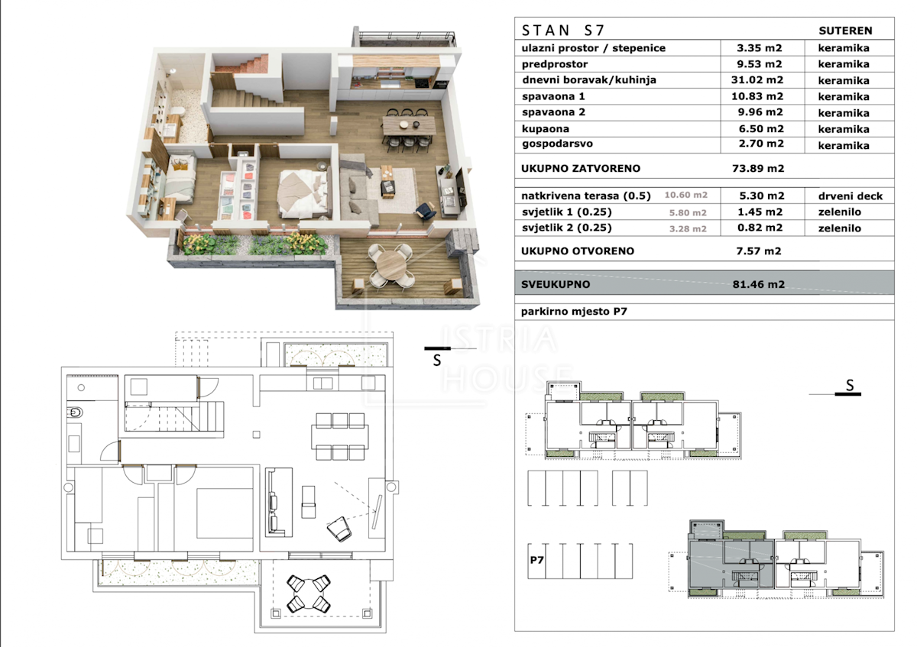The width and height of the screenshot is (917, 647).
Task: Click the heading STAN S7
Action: [x=562, y=31]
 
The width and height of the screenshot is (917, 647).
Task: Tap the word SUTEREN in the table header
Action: [x=845, y=31]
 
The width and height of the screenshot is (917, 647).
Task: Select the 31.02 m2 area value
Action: [x=757, y=79]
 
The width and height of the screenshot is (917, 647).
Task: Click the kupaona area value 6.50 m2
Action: [x=761, y=129]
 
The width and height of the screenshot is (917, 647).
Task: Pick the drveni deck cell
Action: [x=851, y=196]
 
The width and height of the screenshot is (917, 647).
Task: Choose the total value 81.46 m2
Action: [x=759, y=284]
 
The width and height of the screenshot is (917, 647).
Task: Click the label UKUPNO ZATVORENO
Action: [x=581, y=169]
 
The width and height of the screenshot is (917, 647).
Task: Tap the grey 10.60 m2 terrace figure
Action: [x=685, y=196]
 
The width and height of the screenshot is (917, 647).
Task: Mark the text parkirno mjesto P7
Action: [x=574, y=312]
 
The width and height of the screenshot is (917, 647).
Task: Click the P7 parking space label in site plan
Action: [x=536, y=560]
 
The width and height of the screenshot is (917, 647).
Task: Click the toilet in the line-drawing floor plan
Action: [x=76, y=412]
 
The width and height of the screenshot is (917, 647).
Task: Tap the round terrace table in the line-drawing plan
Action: [x=308, y=594]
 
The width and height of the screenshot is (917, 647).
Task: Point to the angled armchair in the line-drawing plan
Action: [x=339, y=529]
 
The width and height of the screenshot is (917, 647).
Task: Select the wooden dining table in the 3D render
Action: [x=409, y=125]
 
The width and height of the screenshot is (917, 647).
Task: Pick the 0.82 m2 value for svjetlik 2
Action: [x=760, y=228]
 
